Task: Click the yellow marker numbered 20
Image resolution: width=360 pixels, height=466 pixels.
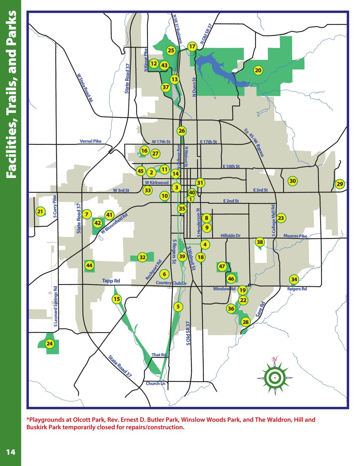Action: coord(258,70)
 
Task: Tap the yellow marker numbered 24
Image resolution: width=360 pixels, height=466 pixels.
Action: coord(50,344)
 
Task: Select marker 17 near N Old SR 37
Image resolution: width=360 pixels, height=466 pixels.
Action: coord(192,47)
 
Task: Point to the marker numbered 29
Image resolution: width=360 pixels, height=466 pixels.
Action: coord(340,184)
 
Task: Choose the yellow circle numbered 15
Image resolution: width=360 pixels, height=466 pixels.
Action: coord(116,299)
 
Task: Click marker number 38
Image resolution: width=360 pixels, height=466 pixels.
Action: coord(260,242)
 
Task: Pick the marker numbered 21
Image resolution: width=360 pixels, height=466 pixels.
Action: coord(40,212)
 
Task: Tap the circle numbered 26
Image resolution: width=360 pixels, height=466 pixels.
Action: coord(182,131)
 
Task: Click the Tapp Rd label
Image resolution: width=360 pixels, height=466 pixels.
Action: coord(111,281)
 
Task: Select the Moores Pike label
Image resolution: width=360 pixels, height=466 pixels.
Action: coord(295,236)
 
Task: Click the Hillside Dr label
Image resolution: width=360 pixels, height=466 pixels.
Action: coord(230,236)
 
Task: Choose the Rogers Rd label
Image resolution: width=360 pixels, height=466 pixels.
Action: coord(297,289)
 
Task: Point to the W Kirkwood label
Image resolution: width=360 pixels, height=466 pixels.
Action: coord(157,183)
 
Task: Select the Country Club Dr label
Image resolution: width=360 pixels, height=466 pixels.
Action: coord(171,283)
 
